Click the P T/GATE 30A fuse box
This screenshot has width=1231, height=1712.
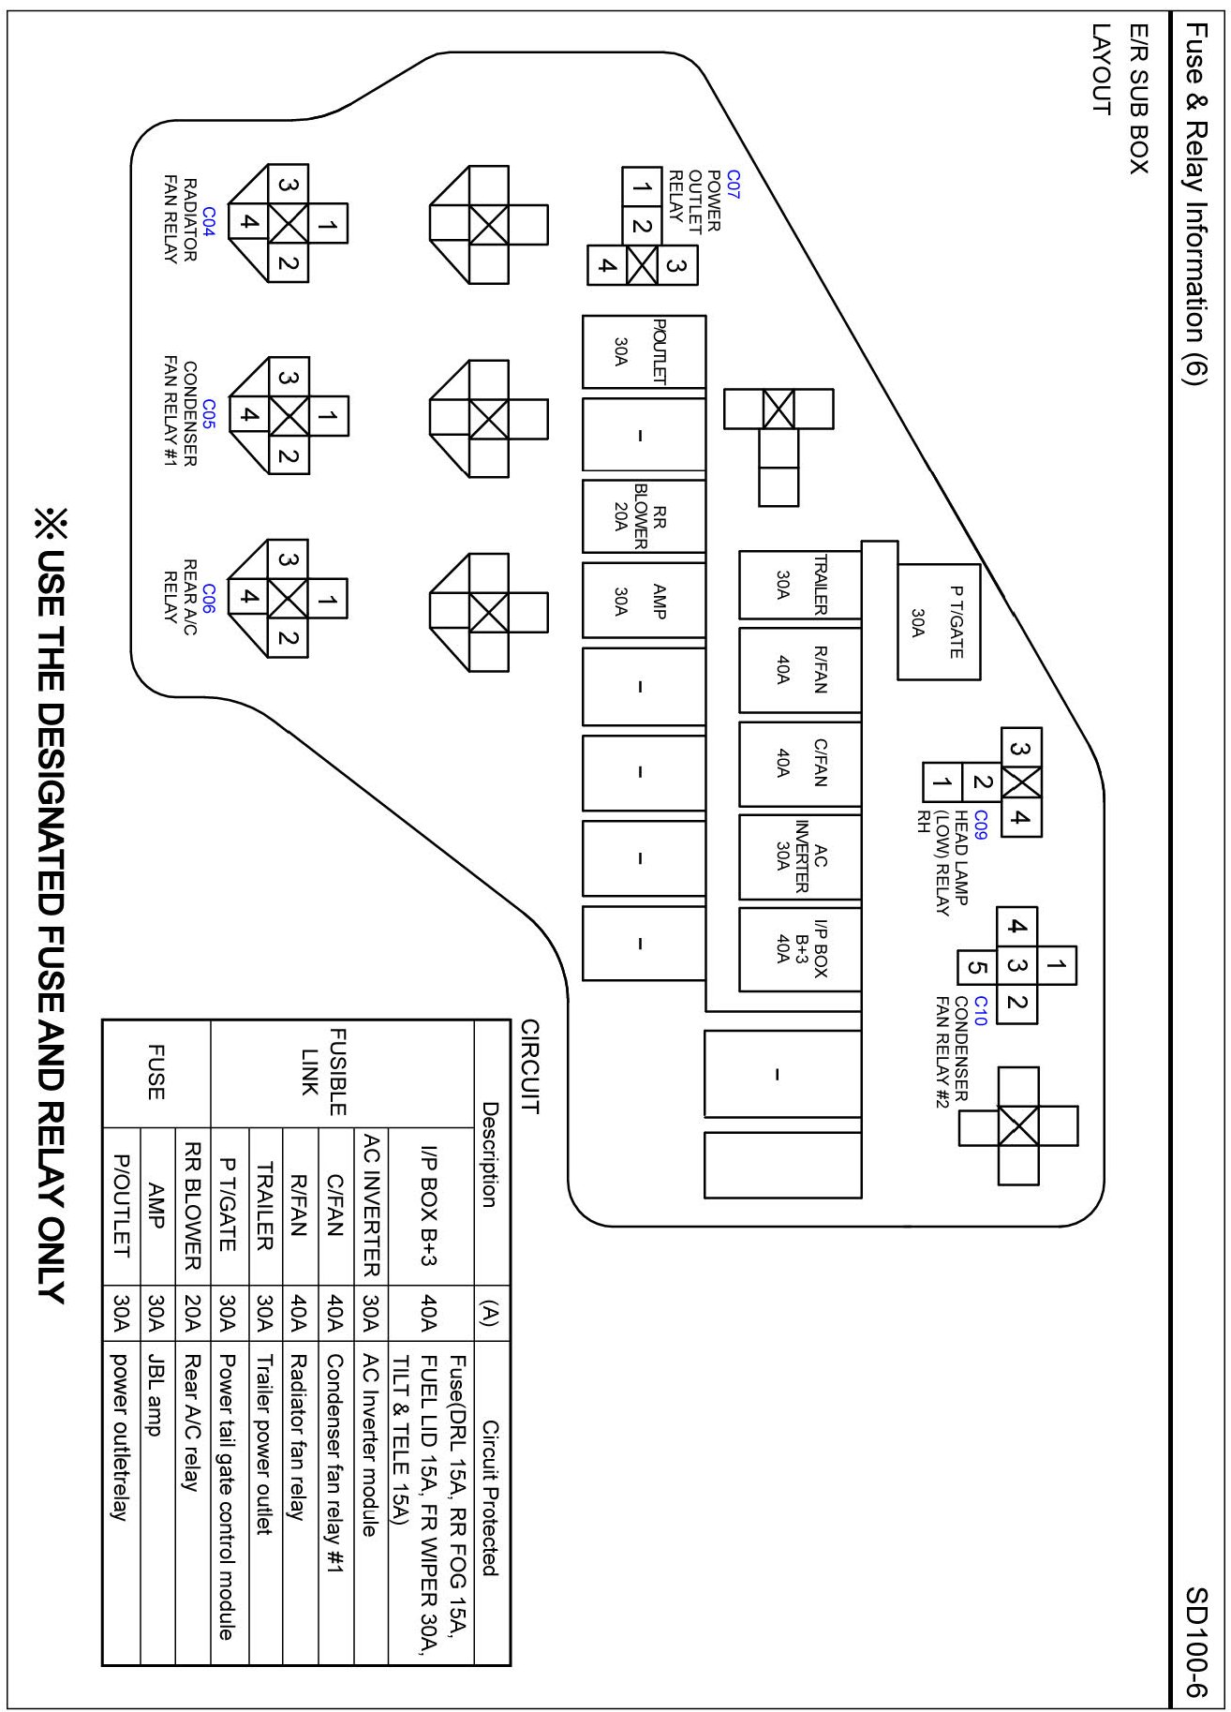939,621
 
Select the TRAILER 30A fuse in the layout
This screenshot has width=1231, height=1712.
799,585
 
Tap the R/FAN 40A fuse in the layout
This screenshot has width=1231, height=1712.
799,670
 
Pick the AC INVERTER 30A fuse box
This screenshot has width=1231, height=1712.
799,856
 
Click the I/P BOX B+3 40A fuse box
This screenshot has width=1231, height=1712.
799,948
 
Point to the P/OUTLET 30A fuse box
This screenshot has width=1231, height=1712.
643,351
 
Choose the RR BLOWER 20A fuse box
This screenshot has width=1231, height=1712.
643,516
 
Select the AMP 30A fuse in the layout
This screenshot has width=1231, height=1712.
643,600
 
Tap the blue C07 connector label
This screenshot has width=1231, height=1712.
733,183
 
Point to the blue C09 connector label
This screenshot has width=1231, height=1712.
980,824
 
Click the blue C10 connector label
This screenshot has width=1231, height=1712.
980,1011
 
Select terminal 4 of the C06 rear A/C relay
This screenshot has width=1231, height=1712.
248,596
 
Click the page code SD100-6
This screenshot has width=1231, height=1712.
1196,1641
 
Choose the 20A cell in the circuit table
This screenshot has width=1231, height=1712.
192,1315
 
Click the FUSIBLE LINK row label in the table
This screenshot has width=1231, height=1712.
324,1073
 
